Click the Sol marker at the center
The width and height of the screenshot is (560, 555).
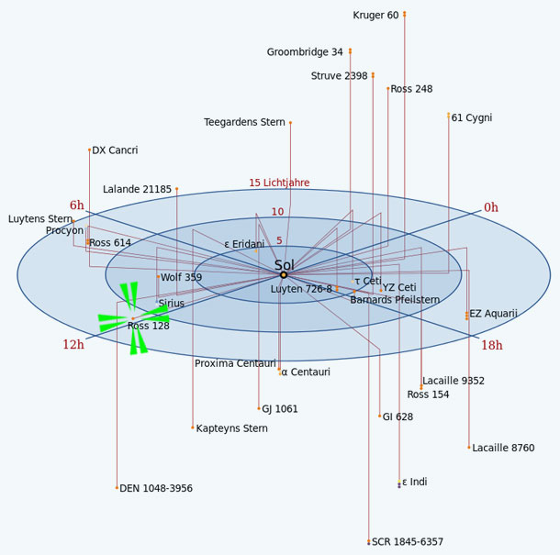click(x=284, y=275)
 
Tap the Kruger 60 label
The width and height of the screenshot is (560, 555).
click(x=375, y=16)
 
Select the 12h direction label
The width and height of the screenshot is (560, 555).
click(x=73, y=344)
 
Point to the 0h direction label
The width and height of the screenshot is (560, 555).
click(x=491, y=207)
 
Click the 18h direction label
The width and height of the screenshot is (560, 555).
click(x=492, y=345)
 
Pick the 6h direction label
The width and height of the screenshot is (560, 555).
click(x=77, y=205)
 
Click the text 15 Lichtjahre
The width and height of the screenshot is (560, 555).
click(x=279, y=183)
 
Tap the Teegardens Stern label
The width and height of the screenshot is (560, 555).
click(x=244, y=122)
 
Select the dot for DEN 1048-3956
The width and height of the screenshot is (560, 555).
click(x=117, y=487)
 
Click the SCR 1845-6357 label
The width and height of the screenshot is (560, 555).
click(x=408, y=542)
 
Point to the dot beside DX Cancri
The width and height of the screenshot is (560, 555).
click(x=89, y=150)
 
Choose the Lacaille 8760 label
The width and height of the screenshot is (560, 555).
click(x=503, y=448)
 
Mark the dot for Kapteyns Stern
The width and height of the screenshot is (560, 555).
click(x=193, y=427)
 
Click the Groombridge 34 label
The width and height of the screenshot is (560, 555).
click(x=305, y=52)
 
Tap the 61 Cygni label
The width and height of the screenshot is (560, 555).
click(x=472, y=117)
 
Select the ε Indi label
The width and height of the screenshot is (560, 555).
click(x=415, y=482)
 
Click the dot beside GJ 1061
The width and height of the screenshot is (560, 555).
click(x=259, y=408)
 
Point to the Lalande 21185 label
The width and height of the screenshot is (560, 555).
click(x=137, y=189)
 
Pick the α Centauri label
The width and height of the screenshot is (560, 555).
click(x=306, y=372)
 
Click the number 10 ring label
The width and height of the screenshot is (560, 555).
click(x=277, y=212)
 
